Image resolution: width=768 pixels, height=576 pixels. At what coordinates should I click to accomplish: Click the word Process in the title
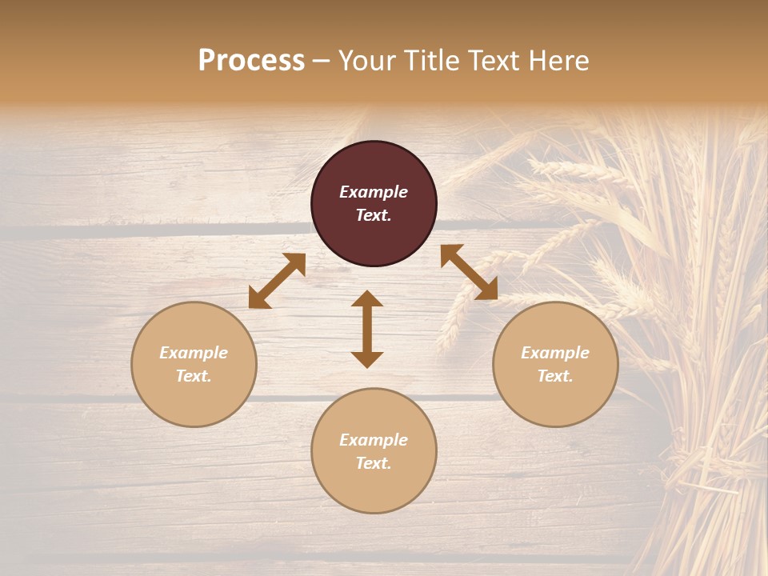(x=251, y=61)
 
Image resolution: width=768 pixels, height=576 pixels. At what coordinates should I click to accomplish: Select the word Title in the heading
(x=432, y=61)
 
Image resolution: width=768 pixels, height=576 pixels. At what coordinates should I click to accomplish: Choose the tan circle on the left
(x=194, y=400)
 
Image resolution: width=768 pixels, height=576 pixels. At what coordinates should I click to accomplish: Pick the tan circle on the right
(x=555, y=400)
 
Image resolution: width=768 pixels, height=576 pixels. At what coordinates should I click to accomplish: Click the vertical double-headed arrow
(x=367, y=329)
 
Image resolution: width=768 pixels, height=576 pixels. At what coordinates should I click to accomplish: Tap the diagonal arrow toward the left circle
(x=277, y=281)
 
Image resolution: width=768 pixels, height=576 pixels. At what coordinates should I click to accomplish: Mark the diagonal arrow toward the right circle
(x=469, y=272)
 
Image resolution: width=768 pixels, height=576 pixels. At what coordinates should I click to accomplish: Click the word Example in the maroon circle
(x=374, y=192)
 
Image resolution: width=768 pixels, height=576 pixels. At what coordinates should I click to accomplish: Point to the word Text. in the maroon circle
(x=374, y=215)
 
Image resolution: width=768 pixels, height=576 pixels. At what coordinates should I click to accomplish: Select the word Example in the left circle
(x=194, y=353)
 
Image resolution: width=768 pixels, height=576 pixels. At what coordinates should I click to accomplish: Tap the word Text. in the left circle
(x=194, y=376)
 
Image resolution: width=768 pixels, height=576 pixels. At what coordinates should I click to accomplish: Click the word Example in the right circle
(x=555, y=353)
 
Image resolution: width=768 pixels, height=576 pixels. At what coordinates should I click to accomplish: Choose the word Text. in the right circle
(x=555, y=376)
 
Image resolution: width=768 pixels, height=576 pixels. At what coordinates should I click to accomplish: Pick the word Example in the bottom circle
(x=374, y=440)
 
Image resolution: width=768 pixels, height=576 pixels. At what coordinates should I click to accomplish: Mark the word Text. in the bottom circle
(x=374, y=463)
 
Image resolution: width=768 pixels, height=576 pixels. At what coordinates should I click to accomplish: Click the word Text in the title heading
(x=494, y=61)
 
